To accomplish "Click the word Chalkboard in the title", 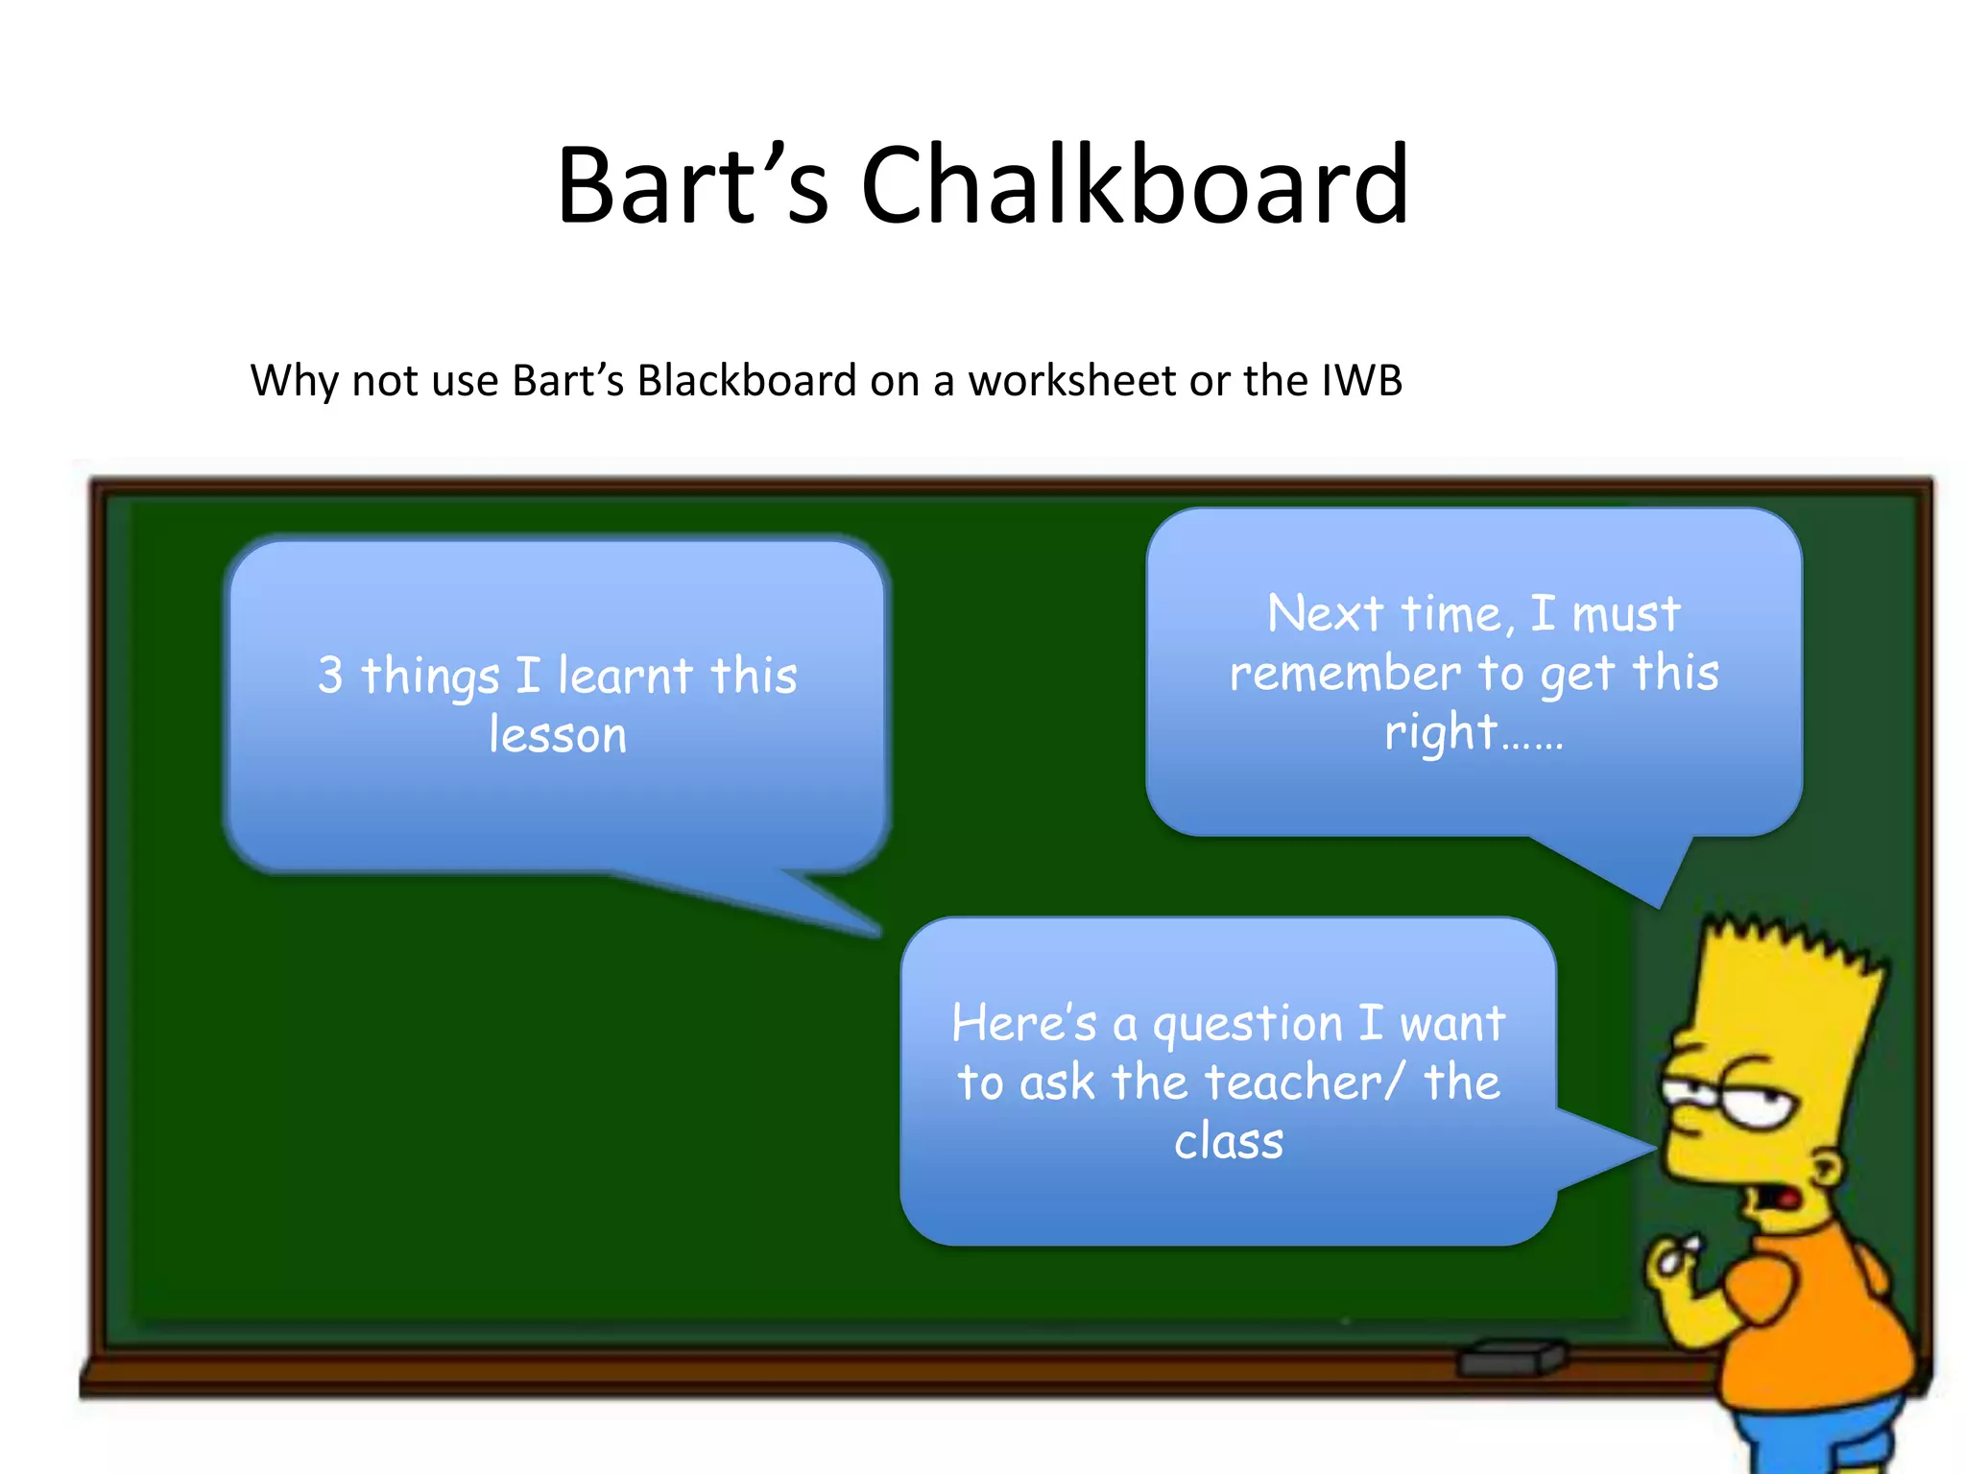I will tap(1135, 184).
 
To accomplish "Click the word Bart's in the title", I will tap(691, 184).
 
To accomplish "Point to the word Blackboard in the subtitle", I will tap(746, 380).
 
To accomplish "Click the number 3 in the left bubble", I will tap(330, 675).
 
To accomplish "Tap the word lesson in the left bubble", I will tap(558, 735).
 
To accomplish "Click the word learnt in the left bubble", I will tap(625, 675).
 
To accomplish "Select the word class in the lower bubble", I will tap(1229, 1142).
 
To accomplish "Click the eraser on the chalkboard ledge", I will tap(1512, 1357).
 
